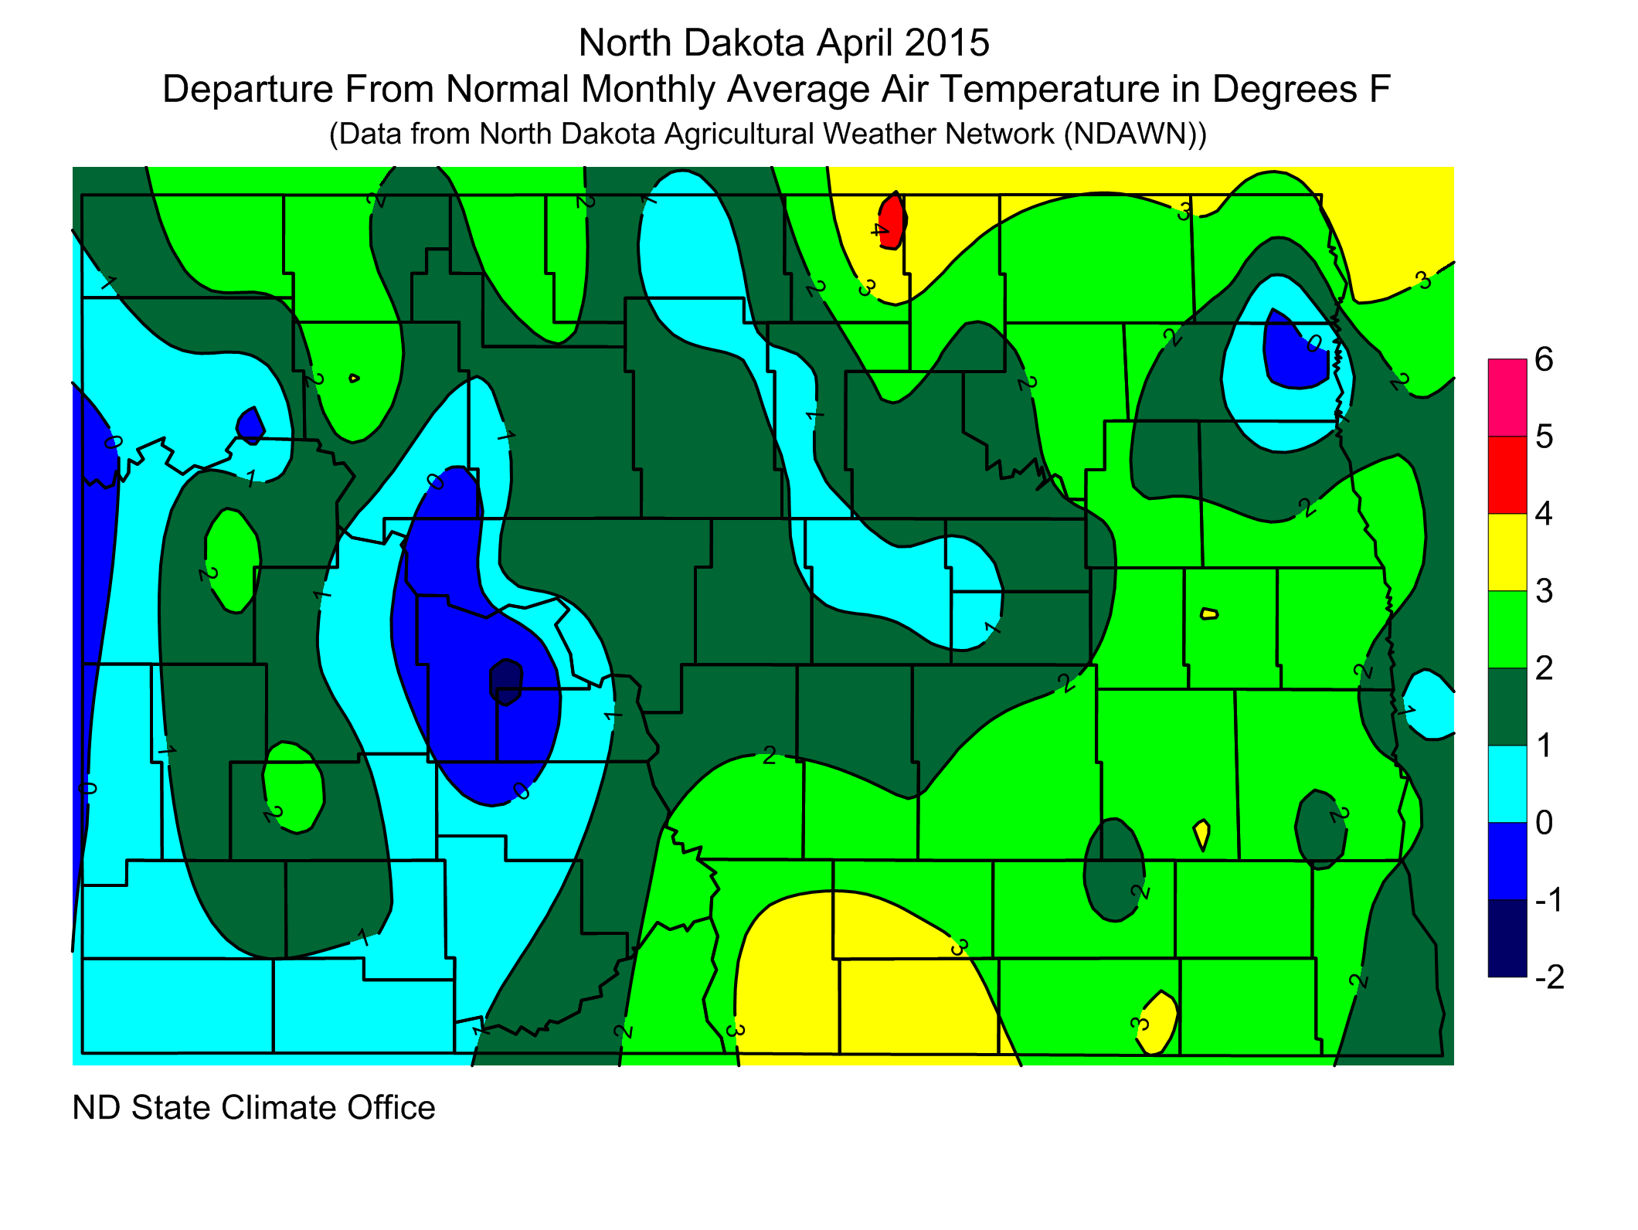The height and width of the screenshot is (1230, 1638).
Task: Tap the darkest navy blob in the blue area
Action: (x=506, y=682)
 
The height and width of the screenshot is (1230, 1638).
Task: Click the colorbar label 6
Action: (x=1544, y=359)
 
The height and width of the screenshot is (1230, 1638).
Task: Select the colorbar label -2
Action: (x=1548, y=977)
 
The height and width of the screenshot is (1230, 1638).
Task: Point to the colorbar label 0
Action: (x=1544, y=823)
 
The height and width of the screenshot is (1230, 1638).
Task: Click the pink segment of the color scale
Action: (x=1507, y=397)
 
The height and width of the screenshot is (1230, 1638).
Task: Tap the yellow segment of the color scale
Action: (x=1507, y=552)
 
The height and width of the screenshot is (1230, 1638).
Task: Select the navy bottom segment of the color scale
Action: (x=1507, y=938)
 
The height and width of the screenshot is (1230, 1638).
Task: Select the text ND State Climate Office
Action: (x=253, y=1108)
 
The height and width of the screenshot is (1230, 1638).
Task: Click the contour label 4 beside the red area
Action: (x=879, y=229)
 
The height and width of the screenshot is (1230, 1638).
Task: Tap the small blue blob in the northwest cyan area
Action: (x=250, y=426)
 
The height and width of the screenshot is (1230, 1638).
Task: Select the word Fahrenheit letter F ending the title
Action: (x=1380, y=90)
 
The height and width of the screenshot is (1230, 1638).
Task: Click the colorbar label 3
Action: (x=1544, y=591)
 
